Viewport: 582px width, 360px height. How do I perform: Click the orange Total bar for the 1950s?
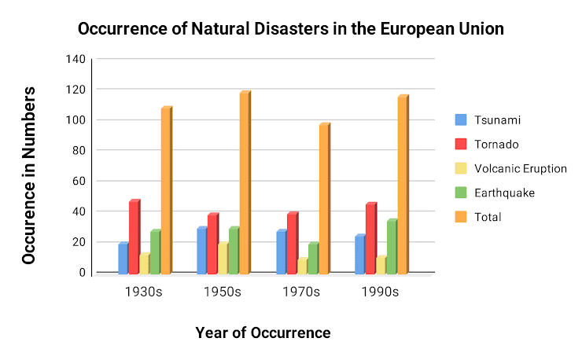(x=245, y=183)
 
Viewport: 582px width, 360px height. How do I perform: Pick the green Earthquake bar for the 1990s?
(x=392, y=247)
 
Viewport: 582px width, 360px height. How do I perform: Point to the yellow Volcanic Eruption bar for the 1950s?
(x=223, y=259)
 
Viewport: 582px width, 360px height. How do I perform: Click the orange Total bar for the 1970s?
(x=324, y=199)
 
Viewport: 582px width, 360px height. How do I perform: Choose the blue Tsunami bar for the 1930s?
(x=123, y=259)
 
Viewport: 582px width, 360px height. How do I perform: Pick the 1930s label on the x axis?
(x=143, y=292)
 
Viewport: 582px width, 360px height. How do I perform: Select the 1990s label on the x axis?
(x=380, y=292)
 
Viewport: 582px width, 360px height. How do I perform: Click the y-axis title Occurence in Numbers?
(x=29, y=174)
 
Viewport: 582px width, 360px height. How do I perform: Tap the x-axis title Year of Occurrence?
(x=263, y=332)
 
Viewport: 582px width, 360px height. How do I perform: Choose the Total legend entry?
(x=488, y=217)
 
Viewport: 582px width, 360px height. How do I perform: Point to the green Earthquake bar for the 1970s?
(x=313, y=259)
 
